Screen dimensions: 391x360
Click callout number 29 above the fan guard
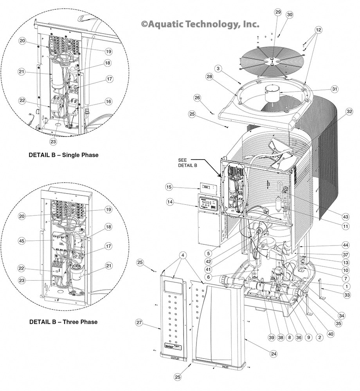point(278,13)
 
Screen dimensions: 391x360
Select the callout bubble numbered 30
point(290,14)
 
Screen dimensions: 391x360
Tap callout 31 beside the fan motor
point(334,89)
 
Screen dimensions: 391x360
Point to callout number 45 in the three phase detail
point(22,240)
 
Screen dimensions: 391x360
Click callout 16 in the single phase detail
point(108,101)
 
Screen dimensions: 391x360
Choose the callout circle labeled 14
point(169,202)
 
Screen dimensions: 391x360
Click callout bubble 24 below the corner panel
point(274,354)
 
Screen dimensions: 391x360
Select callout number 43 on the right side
point(346,217)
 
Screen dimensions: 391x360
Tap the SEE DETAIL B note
point(187,163)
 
